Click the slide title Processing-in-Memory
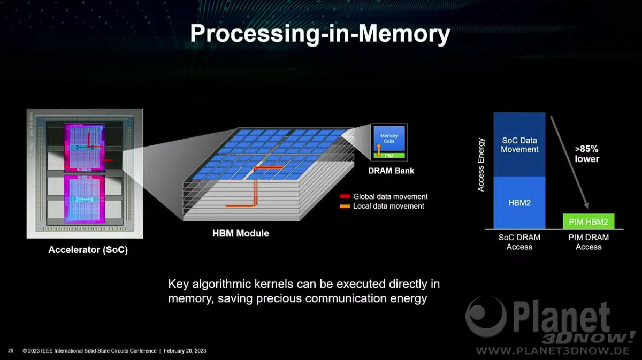tap(320, 34)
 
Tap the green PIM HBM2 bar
tap(588, 221)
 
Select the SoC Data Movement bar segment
tap(519, 144)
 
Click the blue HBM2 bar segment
tap(519, 203)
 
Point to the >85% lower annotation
tap(587, 154)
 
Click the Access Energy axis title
tap(480, 165)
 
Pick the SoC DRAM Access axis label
tap(519, 242)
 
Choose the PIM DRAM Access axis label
tap(588, 242)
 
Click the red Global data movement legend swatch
tap(345, 196)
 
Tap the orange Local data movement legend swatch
tap(345, 206)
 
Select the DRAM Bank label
tap(391, 171)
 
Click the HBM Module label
tap(240, 233)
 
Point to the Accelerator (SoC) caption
tap(88, 250)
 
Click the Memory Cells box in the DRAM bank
tap(389, 139)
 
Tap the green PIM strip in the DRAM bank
tap(389, 156)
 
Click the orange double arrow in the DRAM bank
tap(379, 150)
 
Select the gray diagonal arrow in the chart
tap(569, 162)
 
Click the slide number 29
tap(11, 350)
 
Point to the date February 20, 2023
tap(185, 351)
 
